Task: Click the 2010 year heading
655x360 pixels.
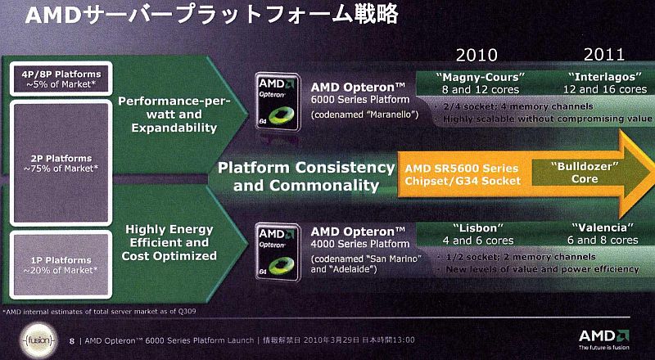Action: [x=477, y=55]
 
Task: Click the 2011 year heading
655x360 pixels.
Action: [x=604, y=54]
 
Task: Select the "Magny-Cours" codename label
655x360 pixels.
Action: [x=480, y=77]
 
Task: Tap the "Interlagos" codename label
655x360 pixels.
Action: [x=605, y=77]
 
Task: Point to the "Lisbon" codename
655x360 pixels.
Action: [x=478, y=228]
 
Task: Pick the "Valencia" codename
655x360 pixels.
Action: [x=603, y=227]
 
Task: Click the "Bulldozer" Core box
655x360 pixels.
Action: [x=585, y=173]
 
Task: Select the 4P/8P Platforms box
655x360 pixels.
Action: [x=61, y=79]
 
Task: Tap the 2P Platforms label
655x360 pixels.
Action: [x=61, y=164]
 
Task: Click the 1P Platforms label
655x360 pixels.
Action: [x=61, y=265]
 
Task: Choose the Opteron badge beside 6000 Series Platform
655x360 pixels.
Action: [x=278, y=102]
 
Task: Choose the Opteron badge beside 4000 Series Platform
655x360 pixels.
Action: [x=278, y=252]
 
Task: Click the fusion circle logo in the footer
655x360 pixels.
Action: [x=38, y=340]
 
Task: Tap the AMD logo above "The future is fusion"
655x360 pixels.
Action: [x=603, y=335]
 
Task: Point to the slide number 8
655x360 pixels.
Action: [x=72, y=341]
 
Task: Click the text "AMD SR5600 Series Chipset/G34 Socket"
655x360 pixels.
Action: [x=463, y=174]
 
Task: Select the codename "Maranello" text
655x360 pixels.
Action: [x=364, y=115]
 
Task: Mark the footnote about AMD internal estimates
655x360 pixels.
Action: [x=99, y=311]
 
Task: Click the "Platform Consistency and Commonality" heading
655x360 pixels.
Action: [x=305, y=176]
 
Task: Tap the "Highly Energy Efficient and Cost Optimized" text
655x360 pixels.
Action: [x=169, y=243]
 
